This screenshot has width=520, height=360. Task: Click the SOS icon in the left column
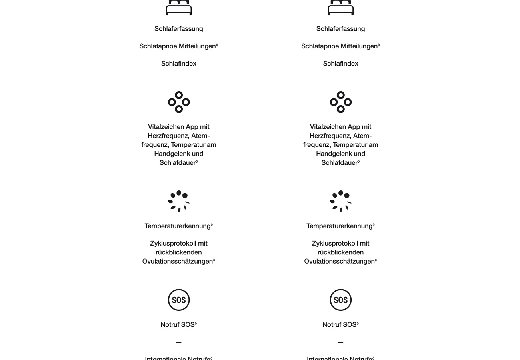point(179,300)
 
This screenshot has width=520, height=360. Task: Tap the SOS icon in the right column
point(340,300)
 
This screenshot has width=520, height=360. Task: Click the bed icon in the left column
point(179,7)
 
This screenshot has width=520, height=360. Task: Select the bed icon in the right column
point(340,7)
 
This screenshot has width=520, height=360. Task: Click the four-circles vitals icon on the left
point(179,102)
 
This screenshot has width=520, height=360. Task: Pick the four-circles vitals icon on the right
point(340,102)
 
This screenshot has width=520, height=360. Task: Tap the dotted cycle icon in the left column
point(179,201)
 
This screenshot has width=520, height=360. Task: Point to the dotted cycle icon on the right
point(340,201)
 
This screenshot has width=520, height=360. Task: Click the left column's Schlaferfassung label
point(179,29)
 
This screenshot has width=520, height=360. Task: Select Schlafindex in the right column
point(340,64)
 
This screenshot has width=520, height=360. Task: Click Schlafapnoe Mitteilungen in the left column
point(178,46)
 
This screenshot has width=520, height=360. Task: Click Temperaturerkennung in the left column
point(178,226)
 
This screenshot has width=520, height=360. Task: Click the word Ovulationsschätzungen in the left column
point(178,262)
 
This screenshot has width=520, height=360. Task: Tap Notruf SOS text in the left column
point(178,325)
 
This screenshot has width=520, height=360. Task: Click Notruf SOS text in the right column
point(339,325)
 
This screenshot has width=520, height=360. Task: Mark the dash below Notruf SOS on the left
point(179,342)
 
